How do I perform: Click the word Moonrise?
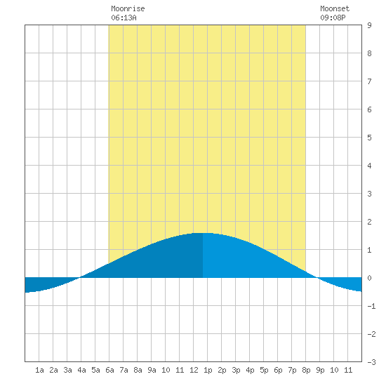click(x=128, y=9)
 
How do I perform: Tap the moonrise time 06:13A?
click(x=124, y=18)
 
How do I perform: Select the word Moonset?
click(x=335, y=9)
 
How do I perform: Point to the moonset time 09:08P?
click(x=333, y=18)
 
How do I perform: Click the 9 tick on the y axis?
click(x=369, y=25)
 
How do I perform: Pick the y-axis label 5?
click(x=369, y=138)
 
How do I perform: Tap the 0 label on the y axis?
click(x=369, y=278)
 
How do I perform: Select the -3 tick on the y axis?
click(x=371, y=362)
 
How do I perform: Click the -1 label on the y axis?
click(x=371, y=306)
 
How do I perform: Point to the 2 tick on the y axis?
click(x=369, y=222)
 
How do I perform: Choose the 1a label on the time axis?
click(x=39, y=370)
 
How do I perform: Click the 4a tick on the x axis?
click(x=81, y=370)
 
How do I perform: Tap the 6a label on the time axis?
click(x=109, y=370)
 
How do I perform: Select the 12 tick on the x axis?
click(x=194, y=370)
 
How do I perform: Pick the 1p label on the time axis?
click(x=208, y=370)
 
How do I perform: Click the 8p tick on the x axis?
click(x=306, y=370)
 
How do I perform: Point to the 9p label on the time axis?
click(x=320, y=370)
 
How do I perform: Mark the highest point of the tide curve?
click(x=202, y=233)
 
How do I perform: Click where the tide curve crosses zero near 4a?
click(x=79, y=278)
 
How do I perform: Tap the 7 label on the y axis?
click(x=369, y=81)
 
